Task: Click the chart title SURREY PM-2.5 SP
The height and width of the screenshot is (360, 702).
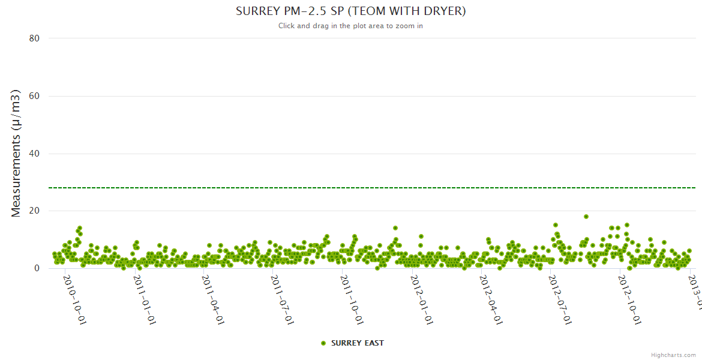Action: [x=350, y=11]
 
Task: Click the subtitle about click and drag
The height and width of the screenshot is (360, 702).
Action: [x=350, y=26]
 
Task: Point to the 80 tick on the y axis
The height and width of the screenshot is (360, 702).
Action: [x=34, y=38]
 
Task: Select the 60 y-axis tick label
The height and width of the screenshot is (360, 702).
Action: [x=34, y=96]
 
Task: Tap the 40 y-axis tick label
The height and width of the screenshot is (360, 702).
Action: [x=34, y=154]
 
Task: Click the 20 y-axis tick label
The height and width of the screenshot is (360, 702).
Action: [x=34, y=211]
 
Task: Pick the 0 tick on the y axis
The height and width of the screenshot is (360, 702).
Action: [x=37, y=269]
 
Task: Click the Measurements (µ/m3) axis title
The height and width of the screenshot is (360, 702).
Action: [x=16, y=153]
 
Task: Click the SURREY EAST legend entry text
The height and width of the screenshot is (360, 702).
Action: [x=357, y=343]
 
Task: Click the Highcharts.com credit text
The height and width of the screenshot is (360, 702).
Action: [x=673, y=355]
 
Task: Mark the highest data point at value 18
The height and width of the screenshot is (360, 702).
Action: [x=586, y=217]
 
